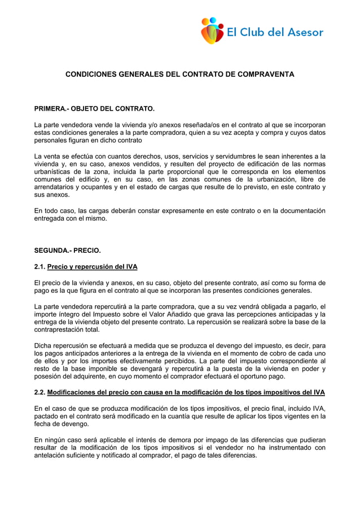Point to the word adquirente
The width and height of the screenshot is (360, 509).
coord(92,377)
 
